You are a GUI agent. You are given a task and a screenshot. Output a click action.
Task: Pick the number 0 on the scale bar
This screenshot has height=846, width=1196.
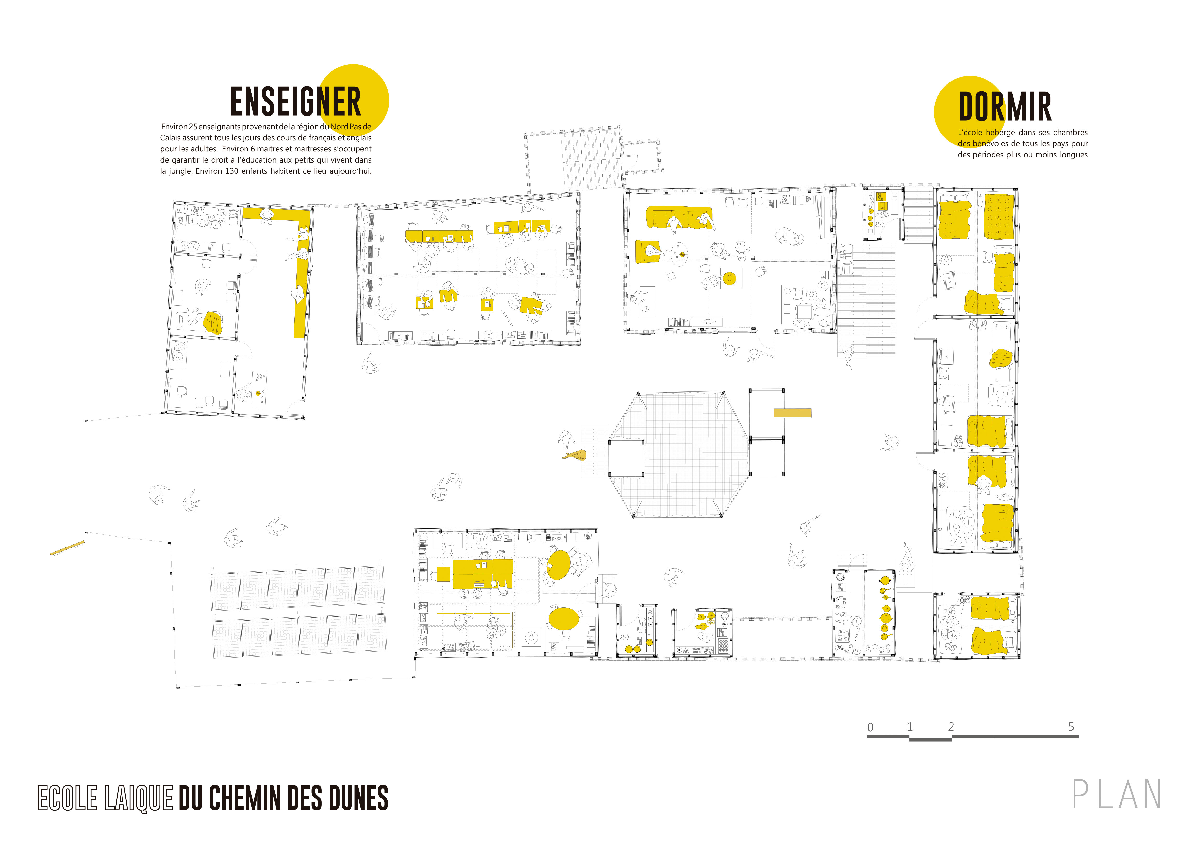pos(870,727)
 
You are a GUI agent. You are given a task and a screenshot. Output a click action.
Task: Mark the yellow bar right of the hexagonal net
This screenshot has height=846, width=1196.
pos(792,413)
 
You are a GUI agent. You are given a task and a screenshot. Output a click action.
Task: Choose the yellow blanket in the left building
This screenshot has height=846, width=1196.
pos(213,323)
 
